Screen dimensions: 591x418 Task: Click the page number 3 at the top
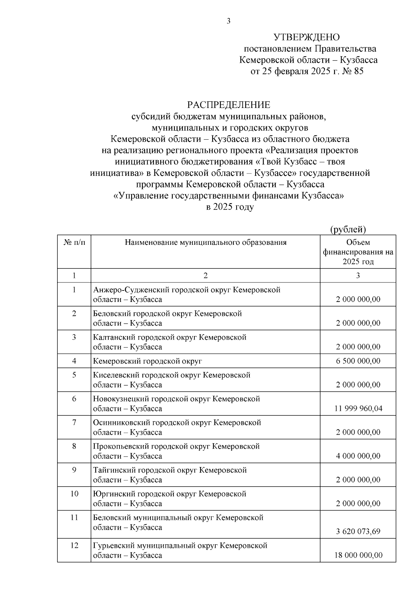(x=228, y=21)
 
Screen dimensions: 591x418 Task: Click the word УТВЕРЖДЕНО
(x=306, y=37)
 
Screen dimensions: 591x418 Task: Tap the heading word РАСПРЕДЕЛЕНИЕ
(x=229, y=105)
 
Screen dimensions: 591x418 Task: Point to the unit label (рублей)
(x=348, y=229)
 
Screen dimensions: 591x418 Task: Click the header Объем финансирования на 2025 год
(x=358, y=252)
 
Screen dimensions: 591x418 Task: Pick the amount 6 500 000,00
(x=358, y=361)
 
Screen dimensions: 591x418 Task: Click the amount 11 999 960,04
(x=358, y=409)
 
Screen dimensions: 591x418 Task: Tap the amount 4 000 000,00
(x=358, y=456)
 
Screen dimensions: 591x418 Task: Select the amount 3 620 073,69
(x=358, y=531)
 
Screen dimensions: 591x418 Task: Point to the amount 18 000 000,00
(x=358, y=555)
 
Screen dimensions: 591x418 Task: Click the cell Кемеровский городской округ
(x=147, y=361)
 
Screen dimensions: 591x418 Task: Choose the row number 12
(x=74, y=545)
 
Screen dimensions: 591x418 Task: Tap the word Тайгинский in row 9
(x=114, y=470)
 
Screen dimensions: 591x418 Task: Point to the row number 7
(x=74, y=422)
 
